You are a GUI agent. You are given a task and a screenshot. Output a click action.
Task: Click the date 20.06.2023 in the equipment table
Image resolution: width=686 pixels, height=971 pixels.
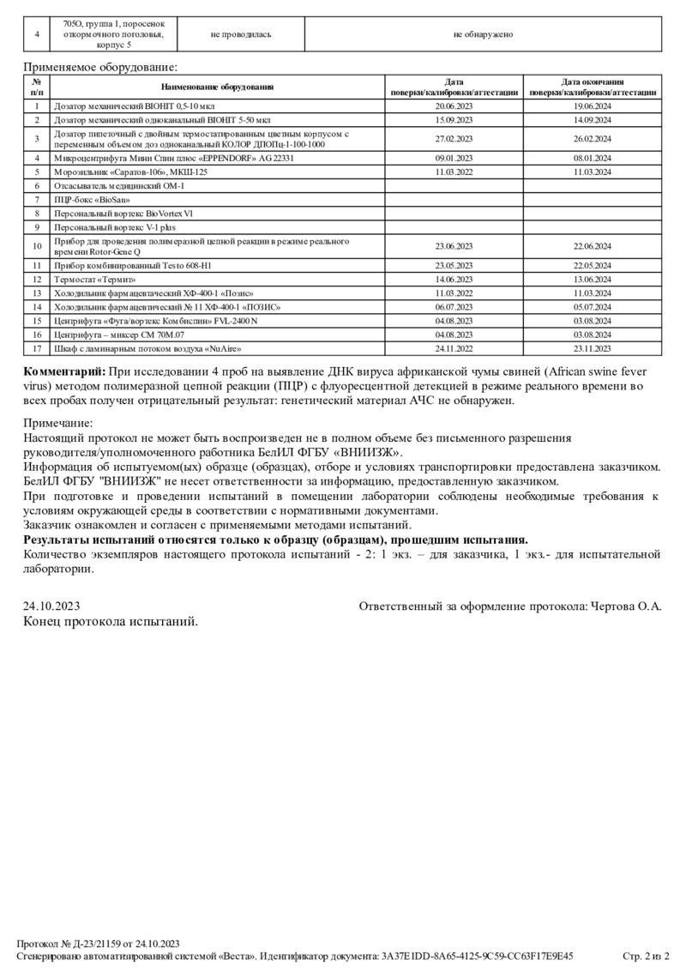click(x=454, y=106)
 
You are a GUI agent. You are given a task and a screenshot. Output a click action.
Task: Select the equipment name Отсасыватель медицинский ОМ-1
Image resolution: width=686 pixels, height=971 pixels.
click(x=119, y=185)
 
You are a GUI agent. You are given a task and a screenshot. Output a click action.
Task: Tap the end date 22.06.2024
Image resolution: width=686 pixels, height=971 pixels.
click(x=593, y=246)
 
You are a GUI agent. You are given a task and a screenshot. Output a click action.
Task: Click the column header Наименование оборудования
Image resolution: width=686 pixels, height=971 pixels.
click(x=218, y=87)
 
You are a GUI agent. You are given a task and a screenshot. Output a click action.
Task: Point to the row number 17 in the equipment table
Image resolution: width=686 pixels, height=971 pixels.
click(x=37, y=349)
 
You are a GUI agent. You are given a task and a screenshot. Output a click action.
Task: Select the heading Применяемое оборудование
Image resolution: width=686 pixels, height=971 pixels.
click(x=100, y=66)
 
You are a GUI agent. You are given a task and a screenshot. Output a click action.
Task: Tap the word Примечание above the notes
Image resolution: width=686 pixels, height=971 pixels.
click(x=57, y=423)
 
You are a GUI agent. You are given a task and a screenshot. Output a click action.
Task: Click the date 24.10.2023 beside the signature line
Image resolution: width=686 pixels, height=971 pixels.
click(x=48, y=606)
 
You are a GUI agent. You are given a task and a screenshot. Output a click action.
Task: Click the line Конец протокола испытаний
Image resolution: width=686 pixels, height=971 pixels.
click(x=111, y=621)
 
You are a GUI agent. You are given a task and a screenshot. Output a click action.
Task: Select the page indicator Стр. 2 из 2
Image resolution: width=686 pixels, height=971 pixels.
click(x=646, y=955)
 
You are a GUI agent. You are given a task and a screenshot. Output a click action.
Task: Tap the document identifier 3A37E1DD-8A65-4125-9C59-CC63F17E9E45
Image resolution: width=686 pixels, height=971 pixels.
click(x=478, y=955)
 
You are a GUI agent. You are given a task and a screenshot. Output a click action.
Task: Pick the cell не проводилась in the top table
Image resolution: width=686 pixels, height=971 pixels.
click(x=241, y=34)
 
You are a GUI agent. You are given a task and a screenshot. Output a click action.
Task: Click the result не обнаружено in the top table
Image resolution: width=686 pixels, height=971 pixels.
click(x=484, y=34)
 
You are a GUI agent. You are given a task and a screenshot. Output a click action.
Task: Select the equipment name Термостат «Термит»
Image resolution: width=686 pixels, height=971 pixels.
click(x=95, y=279)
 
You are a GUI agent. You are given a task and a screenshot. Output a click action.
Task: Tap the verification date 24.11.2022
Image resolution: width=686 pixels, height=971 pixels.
click(x=454, y=349)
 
